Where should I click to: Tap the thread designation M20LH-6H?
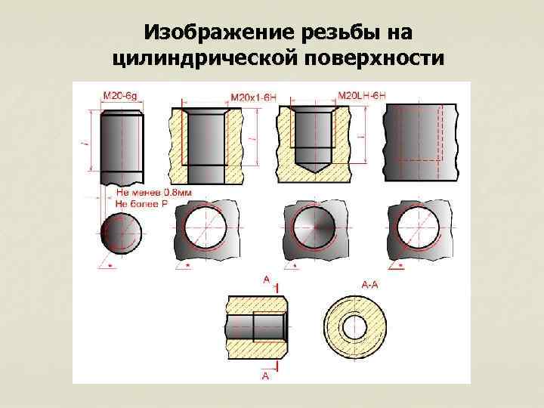coord(361,95)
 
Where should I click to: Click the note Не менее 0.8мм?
coord(153,193)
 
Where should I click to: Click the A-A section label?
coord(370,285)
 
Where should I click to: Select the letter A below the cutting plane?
coord(267,375)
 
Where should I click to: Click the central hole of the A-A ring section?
coord(354,326)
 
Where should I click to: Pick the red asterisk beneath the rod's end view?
coord(111,267)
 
